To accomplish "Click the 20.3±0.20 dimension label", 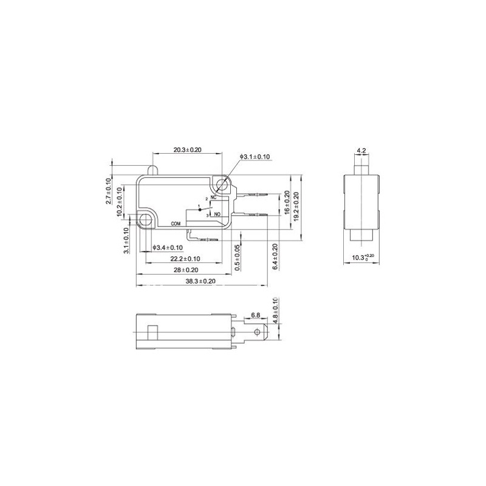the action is point(187,150).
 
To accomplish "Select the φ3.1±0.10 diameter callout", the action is point(255,157).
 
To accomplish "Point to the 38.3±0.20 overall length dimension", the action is point(200,281).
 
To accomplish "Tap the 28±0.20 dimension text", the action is point(186,270).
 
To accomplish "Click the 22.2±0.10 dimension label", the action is point(185,259).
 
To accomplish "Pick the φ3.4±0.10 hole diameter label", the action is point(168,248).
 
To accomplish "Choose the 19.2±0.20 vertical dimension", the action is point(296,207).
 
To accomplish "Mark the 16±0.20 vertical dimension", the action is point(287,202).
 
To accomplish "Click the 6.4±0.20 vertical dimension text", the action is point(275,256).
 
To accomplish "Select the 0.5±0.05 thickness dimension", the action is point(238,258).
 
